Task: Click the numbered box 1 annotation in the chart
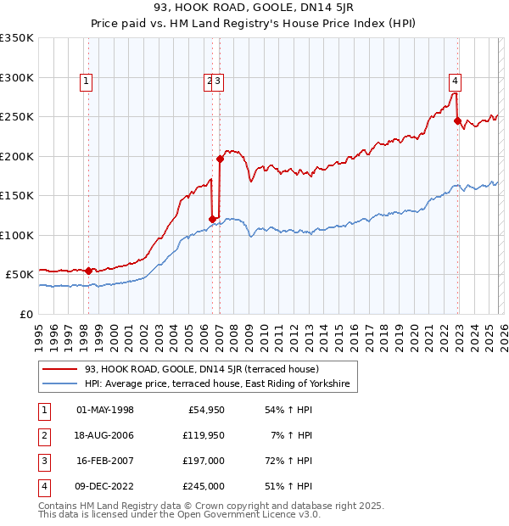[x=87, y=81]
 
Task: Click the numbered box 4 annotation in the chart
[x=456, y=81]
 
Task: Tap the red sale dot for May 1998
[x=89, y=271]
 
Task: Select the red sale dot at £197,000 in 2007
[x=220, y=159]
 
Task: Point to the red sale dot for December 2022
[x=458, y=121]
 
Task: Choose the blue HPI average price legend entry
[x=218, y=384]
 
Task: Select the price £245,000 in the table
[x=201, y=486]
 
